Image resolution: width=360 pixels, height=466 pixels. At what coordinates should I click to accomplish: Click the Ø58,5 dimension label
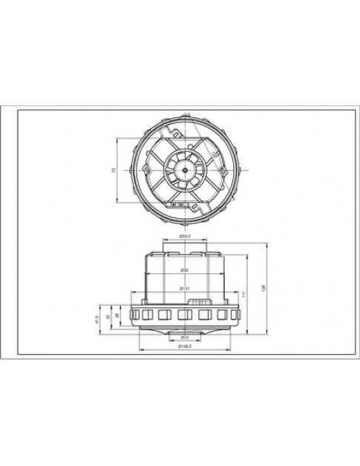tap(186, 237)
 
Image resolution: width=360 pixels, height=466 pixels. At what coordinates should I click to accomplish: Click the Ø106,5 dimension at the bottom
tap(186, 347)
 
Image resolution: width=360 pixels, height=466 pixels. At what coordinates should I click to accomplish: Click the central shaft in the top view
tap(182, 170)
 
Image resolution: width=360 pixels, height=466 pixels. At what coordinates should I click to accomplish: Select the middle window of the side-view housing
tap(185, 316)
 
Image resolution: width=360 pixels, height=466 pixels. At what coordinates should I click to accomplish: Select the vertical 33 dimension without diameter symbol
tap(108, 316)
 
